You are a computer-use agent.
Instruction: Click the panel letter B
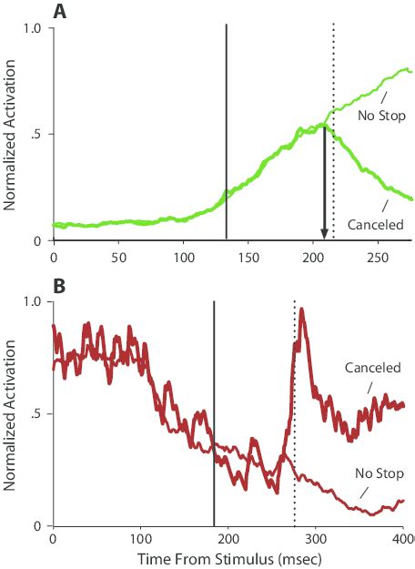click(x=60, y=284)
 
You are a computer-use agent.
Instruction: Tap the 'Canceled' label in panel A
click(x=375, y=224)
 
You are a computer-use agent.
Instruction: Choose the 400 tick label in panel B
click(x=400, y=539)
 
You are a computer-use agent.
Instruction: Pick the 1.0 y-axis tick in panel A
click(x=34, y=28)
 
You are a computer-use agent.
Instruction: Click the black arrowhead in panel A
click(x=324, y=235)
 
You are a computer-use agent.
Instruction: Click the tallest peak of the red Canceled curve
click(x=301, y=310)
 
